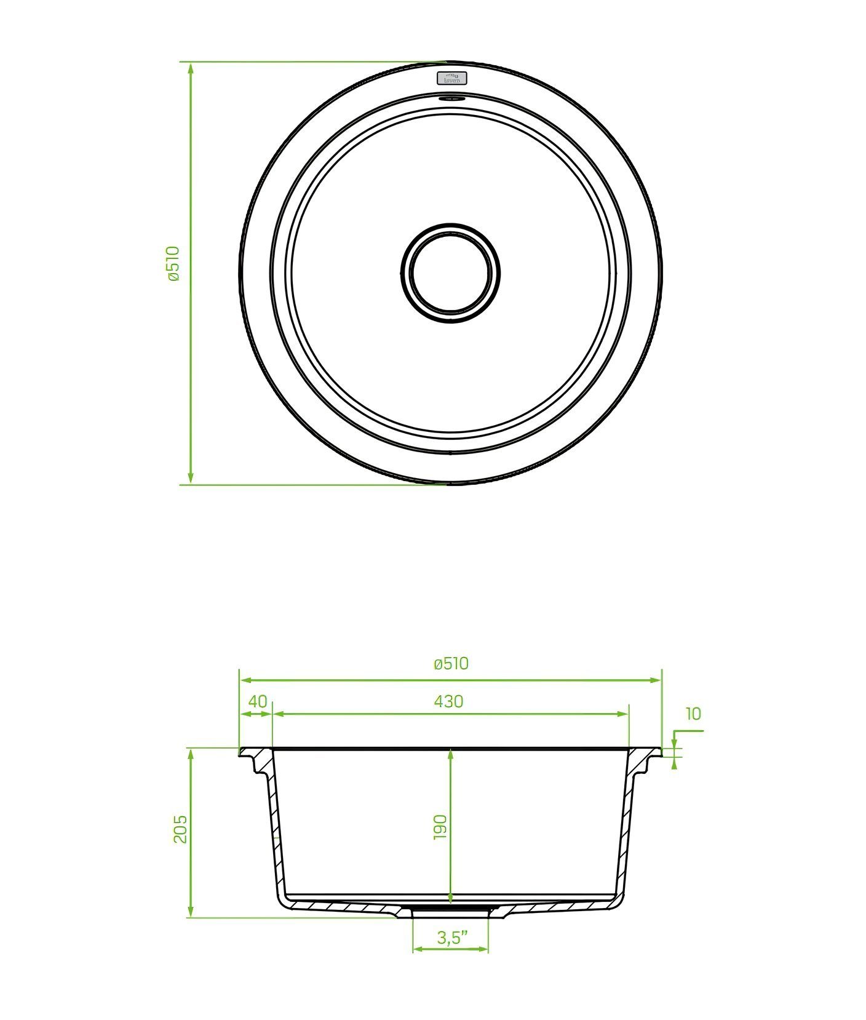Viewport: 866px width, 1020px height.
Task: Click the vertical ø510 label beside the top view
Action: [173, 263]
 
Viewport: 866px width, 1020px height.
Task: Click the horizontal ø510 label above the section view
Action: [451, 663]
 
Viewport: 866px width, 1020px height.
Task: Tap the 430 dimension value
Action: [448, 701]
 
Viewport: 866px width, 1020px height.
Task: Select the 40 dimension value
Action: [258, 701]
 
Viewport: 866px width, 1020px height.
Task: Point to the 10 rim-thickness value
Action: [693, 714]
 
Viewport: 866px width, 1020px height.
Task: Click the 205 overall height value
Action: [180, 829]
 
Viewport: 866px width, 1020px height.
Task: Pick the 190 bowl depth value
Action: [440, 827]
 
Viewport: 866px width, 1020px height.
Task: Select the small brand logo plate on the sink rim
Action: [452, 78]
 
